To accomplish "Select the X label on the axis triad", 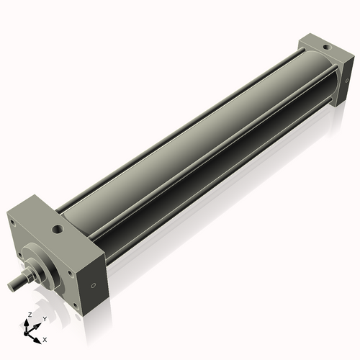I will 45,338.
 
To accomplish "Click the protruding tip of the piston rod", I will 12,287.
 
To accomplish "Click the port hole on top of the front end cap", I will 55,230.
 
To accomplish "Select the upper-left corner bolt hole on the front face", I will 12,222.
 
